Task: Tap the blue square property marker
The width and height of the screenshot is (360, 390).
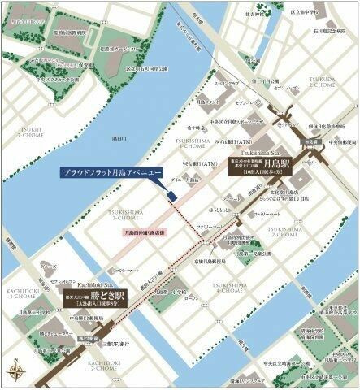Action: [x=171, y=196]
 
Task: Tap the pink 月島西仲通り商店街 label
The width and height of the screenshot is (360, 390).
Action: [x=139, y=232]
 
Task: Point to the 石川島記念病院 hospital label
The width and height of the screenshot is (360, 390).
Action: [x=323, y=30]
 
